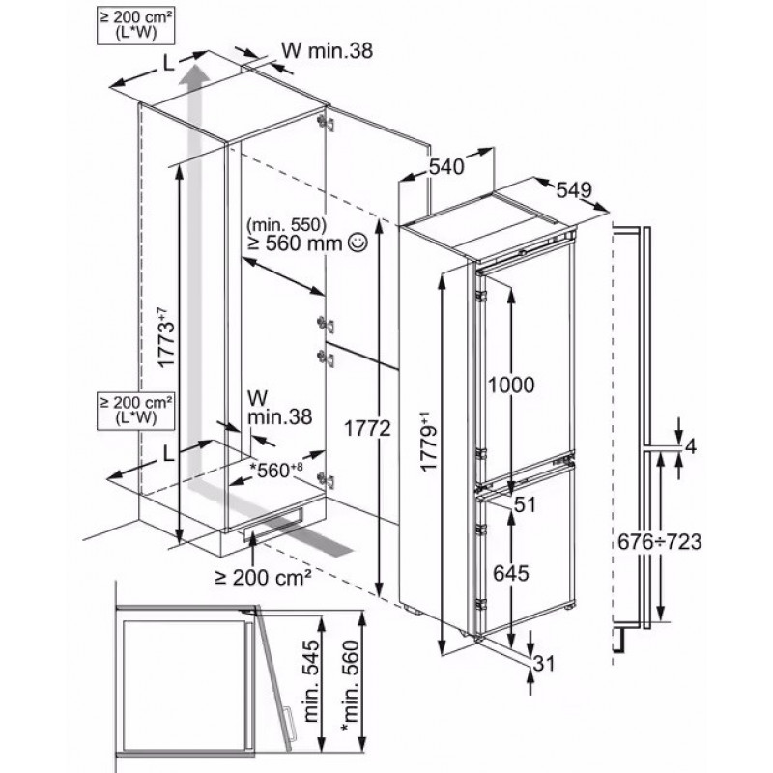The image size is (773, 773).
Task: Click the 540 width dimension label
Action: [x=446, y=166]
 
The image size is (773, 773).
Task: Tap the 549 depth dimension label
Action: [x=573, y=188]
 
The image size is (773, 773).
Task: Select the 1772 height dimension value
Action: [x=367, y=428]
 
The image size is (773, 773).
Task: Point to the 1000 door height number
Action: [x=511, y=385]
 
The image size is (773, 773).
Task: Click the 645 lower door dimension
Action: [x=511, y=573]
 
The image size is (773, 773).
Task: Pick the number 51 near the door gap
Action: [x=525, y=504]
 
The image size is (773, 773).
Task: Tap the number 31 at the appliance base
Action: [x=544, y=663]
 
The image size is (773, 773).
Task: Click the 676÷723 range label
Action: [x=659, y=542]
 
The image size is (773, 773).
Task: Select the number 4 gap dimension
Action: [x=691, y=446]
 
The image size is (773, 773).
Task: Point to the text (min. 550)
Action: [x=287, y=224]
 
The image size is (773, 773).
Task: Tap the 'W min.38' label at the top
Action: [x=327, y=50]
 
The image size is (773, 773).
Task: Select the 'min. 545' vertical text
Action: [x=310, y=680]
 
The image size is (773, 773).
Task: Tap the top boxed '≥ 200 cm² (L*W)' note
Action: [x=136, y=26]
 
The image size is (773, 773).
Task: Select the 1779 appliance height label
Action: [x=429, y=443]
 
